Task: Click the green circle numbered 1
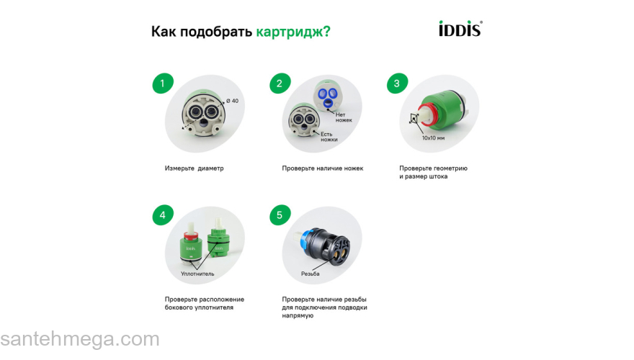(x=162, y=84)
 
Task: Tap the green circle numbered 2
(x=280, y=84)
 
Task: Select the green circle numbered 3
(x=397, y=84)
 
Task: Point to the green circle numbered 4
(x=162, y=215)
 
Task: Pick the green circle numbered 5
(x=280, y=215)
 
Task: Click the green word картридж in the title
(x=293, y=32)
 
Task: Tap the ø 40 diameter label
(x=232, y=101)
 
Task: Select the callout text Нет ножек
(x=344, y=117)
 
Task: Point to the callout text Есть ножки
(x=329, y=137)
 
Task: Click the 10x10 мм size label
(x=433, y=137)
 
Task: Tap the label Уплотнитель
(x=197, y=274)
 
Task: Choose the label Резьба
(x=311, y=274)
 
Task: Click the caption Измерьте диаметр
(x=194, y=168)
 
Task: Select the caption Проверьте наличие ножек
(x=322, y=168)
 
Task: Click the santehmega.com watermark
(x=79, y=339)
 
